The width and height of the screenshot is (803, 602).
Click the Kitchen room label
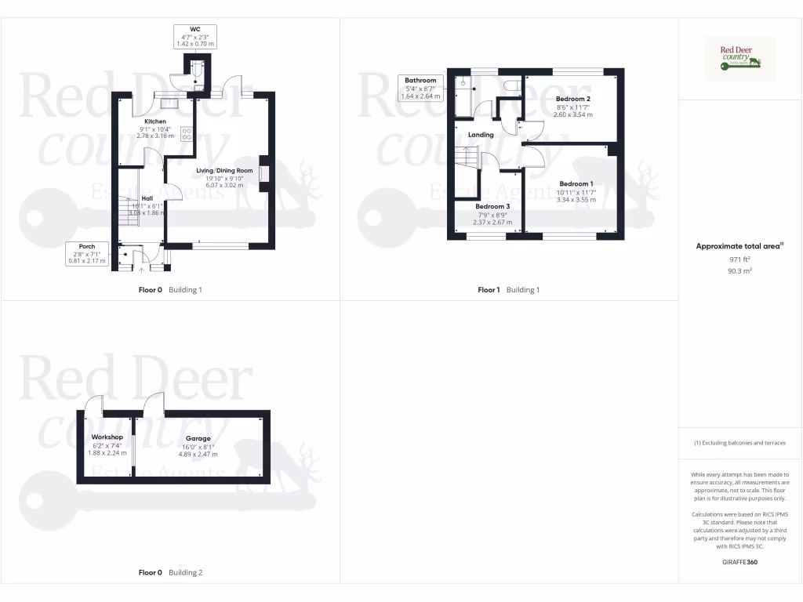click(154, 121)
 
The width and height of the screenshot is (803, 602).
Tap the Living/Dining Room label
click(224, 170)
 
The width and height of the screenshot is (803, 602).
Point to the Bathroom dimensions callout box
click(420, 88)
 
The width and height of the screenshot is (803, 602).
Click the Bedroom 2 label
click(574, 98)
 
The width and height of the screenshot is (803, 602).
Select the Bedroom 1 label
click(576, 183)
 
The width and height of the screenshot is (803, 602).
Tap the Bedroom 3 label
click(492, 206)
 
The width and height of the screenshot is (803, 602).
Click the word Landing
click(481, 135)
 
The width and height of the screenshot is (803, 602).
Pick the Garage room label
click(198, 439)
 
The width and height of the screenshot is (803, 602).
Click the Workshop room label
click(107, 437)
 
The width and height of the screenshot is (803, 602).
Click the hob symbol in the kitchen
click(187, 133)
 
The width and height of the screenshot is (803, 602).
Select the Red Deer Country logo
click(740, 59)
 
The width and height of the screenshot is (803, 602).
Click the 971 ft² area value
click(739, 259)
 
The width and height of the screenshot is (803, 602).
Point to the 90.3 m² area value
click(739, 270)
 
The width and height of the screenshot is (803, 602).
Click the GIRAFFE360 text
click(739, 562)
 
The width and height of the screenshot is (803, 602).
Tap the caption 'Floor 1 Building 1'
click(509, 290)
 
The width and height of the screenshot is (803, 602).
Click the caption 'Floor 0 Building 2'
click(170, 573)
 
